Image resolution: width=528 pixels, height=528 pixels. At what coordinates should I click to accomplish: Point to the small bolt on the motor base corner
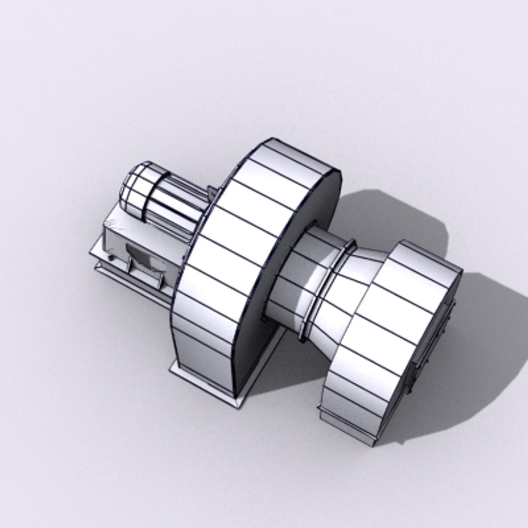[x=110, y=257]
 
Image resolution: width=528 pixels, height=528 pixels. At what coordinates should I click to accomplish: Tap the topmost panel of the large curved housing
[x=293, y=154]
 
